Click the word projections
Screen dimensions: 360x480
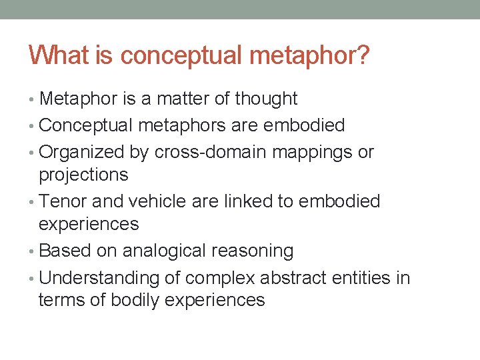[83, 175]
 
